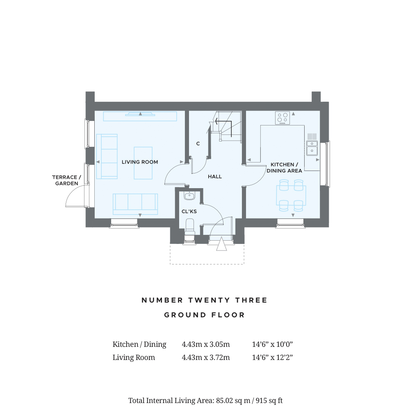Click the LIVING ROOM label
[x=140, y=162]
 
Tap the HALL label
[x=215, y=177]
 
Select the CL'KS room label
[x=189, y=211]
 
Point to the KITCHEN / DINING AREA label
[x=284, y=168]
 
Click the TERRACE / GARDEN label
[x=67, y=180]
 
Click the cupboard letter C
[x=198, y=143]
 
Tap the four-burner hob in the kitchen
[x=282, y=118]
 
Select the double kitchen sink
[x=312, y=148]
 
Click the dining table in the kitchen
[x=291, y=195]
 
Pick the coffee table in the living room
[x=143, y=163]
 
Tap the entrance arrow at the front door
[x=221, y=244]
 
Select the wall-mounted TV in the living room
[x=140, y=114]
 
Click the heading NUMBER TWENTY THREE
[x=204, y=300]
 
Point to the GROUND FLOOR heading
[x=205, y=315]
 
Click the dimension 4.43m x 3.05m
[x=206, y=344]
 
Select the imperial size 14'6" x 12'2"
[x=272, y=358]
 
